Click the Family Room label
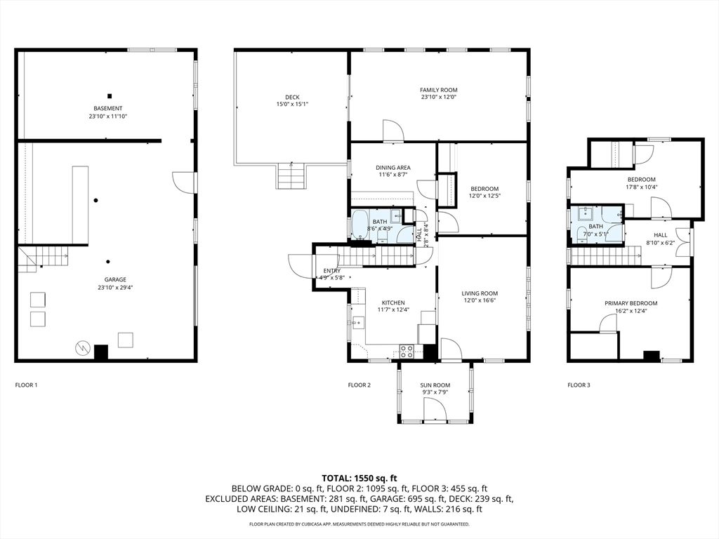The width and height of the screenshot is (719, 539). coord(439,90)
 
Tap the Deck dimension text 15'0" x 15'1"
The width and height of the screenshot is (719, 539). coord(292,104)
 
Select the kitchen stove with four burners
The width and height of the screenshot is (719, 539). coord(407,351)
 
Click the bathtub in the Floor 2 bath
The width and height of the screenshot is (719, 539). coord(359,225)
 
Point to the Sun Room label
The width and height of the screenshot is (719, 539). coord(435,385)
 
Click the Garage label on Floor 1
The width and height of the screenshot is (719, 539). coord(115,279)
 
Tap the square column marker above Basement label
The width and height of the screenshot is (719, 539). coord(110,96)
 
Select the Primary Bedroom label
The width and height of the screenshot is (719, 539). coord(631,303)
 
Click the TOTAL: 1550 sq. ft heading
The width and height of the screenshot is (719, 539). coord(359,479)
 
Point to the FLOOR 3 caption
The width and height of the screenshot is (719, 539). coord(579,385)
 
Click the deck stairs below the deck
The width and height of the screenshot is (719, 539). coord(291,175)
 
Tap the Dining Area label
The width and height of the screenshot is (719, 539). coord(393,168)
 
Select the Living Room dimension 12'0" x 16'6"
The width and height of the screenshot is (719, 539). coord(480,300)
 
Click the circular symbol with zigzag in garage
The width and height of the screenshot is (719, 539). coord(82,348)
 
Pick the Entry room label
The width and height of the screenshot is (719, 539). coord(331,271)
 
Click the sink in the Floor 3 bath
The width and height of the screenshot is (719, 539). coord(585,213)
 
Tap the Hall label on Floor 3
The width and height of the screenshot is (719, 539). coord(660,235)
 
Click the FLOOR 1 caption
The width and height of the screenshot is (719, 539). coord(26,385)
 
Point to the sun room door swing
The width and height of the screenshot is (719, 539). coord(435,408)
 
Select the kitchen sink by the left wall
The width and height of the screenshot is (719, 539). coord(358,323)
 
